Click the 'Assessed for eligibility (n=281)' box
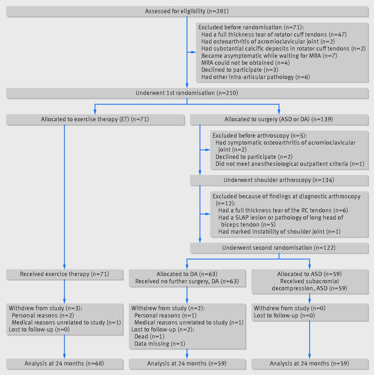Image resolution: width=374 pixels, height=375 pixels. tap(187, 11)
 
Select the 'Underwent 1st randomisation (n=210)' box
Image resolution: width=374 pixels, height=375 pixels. tap(187, 93)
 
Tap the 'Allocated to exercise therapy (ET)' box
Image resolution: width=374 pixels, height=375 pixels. tap(95, 119)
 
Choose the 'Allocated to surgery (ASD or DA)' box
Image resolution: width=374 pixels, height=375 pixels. tap(279, 119)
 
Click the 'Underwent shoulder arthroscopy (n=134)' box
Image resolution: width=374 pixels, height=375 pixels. tap(279, 180)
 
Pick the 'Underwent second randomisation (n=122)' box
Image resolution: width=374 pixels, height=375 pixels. tap(279, 248)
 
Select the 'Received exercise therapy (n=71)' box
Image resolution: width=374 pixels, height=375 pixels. tap(64, 274)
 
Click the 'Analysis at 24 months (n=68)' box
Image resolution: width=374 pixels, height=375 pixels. tap(64, 364)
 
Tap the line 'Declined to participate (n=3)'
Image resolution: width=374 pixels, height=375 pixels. tap(240, 70)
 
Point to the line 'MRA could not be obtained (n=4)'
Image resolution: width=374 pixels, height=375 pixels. tap(246, 63)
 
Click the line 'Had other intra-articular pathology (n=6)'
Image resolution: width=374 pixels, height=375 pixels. tap(255, 77)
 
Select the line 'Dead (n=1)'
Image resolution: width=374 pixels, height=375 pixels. tap(149, 336)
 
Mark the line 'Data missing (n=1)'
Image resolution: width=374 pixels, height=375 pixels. tap(160, 344)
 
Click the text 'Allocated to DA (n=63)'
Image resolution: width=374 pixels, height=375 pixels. tap(187, 274)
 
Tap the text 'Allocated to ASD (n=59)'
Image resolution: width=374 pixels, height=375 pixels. tap(309, 274)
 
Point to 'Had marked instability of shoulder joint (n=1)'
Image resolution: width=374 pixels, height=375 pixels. tap(279, 231)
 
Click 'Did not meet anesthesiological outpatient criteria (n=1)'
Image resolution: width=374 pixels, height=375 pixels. tap(290, 164)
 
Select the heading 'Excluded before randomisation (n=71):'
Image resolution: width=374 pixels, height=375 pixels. tap(251, 27)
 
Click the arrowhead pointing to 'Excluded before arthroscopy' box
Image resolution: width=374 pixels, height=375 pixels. tap(208, 150)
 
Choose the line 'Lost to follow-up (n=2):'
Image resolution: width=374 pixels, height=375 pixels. tap(163, 330)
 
